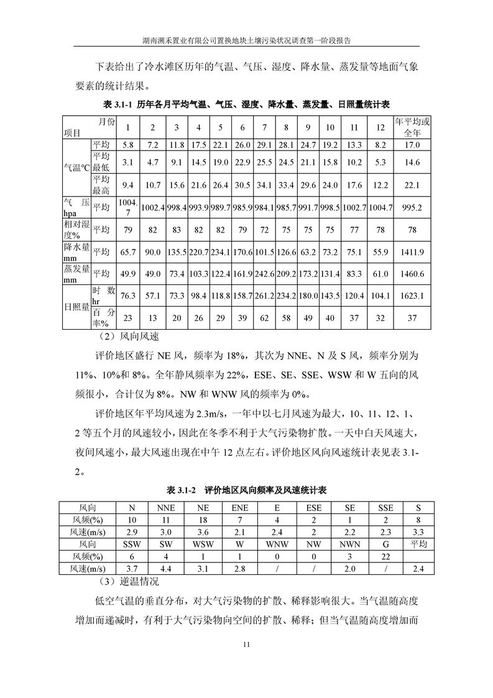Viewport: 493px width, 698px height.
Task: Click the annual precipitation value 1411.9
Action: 413,252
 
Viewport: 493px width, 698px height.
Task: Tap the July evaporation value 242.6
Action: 265,274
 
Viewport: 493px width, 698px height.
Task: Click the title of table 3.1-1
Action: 246,104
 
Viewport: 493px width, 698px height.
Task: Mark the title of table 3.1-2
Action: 247,491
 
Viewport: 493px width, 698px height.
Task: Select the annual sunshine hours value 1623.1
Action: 413,296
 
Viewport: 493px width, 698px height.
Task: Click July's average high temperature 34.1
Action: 265,185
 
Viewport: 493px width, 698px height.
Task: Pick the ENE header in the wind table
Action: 239,508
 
